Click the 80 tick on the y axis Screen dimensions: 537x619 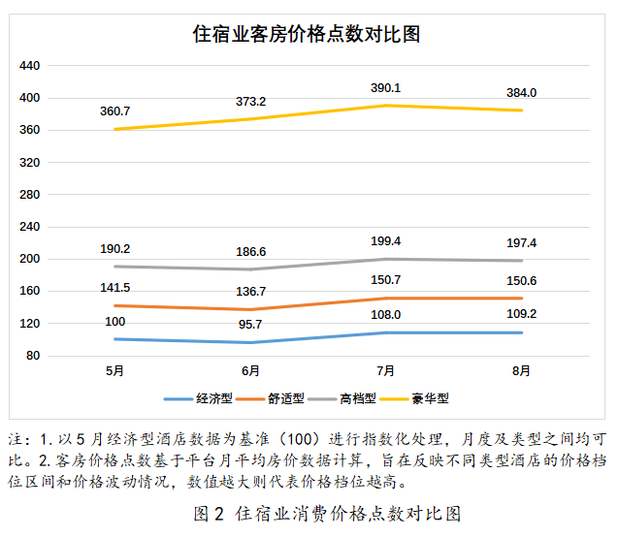33,356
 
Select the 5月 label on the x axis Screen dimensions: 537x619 114,371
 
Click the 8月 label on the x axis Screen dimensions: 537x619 521,371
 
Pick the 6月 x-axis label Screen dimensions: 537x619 250,371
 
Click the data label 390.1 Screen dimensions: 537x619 385,88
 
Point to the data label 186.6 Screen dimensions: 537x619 250,251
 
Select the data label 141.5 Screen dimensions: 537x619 114,288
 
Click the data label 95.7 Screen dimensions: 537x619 250,324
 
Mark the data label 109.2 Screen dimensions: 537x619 521,314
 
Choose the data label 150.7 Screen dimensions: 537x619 385,280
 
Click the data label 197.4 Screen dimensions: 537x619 521,242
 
